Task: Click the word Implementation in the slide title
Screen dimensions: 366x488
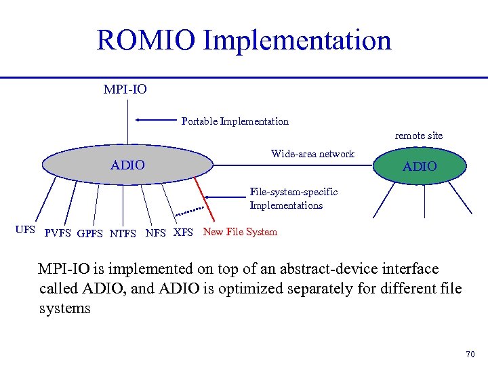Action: (297, 40)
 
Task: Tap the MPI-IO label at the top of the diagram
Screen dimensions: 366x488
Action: (125, 89)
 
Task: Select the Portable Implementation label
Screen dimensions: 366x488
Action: (235, 121)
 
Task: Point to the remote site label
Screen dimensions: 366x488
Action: (419, 136)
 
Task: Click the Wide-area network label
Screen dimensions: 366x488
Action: (312, 154)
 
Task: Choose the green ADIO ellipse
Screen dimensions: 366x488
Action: (420, 165)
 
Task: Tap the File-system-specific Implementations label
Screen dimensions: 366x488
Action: (293, 199)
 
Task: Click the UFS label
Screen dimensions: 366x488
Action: (25, 230)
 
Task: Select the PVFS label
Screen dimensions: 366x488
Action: (58, 234)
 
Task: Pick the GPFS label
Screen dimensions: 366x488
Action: (90, 234)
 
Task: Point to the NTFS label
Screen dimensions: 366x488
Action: (123, 234)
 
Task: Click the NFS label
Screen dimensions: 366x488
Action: (156, 234)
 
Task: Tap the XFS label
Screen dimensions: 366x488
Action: (184, 232)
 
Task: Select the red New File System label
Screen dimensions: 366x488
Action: (240, 232)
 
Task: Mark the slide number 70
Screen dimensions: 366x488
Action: (471, 354)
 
